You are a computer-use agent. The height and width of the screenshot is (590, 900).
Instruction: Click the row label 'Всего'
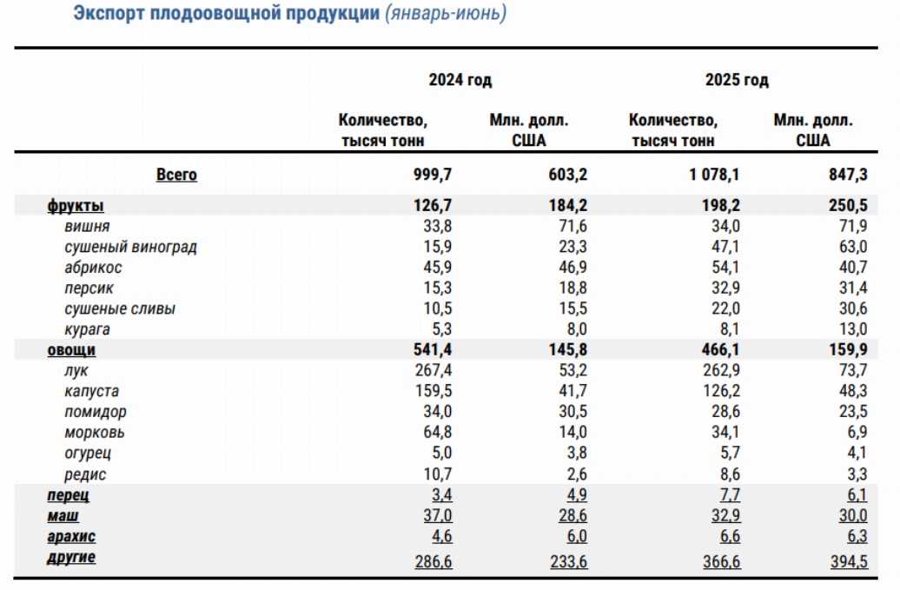pos(176,175)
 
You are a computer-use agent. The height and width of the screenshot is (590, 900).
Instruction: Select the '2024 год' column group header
pos(460,79)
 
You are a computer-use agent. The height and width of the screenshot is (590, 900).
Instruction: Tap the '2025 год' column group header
pos(737,79)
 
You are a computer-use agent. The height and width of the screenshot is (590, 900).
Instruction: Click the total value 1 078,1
pos(714,175)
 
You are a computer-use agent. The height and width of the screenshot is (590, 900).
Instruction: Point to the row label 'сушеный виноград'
pos(130,247)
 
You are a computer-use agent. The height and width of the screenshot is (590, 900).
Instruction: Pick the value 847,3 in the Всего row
pos(848,175)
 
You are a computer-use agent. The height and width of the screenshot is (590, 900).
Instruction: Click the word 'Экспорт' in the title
pos(109,13)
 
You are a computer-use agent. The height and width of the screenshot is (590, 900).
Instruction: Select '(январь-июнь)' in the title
pos(446,13)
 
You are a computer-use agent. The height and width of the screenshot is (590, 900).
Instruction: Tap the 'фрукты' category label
pos(76,205)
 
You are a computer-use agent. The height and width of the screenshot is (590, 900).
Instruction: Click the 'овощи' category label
pos(71,349)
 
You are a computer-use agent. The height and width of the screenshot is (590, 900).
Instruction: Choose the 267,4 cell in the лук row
pos(433,370)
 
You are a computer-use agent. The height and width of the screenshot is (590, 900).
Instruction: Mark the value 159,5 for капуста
pos(433,391)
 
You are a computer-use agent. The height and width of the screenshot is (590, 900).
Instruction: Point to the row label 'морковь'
pos(94,432)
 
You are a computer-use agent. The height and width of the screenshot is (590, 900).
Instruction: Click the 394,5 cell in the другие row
pos(849,562)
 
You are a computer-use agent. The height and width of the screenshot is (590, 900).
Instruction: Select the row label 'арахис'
pos(71,537)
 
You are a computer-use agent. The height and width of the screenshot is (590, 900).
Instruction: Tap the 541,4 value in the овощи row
pos(433,349)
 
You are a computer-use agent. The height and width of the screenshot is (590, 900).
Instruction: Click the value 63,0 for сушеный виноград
pos(853,247)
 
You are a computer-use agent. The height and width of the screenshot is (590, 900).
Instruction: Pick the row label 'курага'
pos(87,329)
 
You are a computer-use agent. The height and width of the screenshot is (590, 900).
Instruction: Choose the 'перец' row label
pos(69,495)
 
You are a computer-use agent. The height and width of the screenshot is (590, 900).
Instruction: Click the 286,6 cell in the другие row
pos(433,562)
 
